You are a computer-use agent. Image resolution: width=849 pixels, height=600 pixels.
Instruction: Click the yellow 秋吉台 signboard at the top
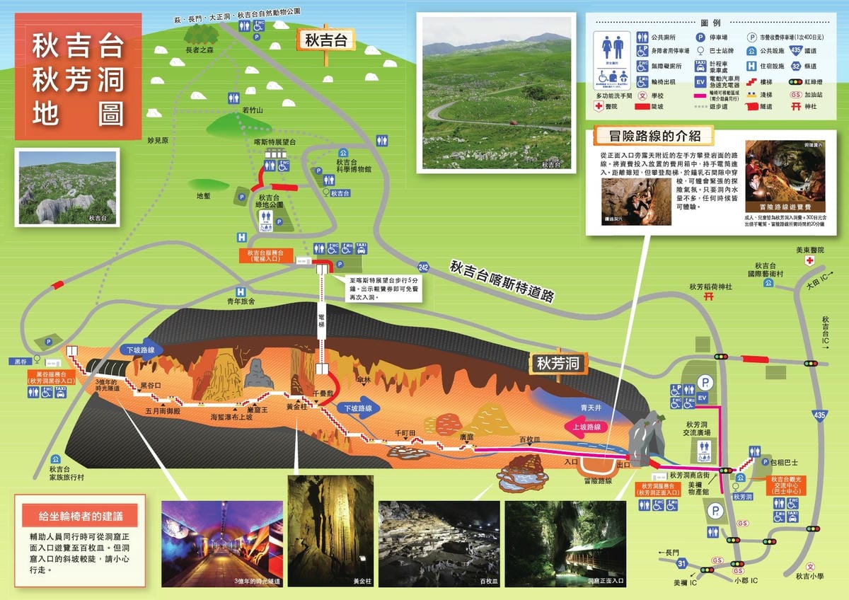(326, 40)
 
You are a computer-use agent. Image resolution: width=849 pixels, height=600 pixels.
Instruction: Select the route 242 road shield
(423, 267)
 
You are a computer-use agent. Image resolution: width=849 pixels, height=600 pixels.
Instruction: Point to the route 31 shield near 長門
(681, 563)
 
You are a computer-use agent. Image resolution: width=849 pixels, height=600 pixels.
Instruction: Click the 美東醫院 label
(809, 250)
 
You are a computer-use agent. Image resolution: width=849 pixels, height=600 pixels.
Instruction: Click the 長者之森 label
(199, 50)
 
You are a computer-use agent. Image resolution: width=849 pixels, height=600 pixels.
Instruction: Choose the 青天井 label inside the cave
(591, 408)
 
